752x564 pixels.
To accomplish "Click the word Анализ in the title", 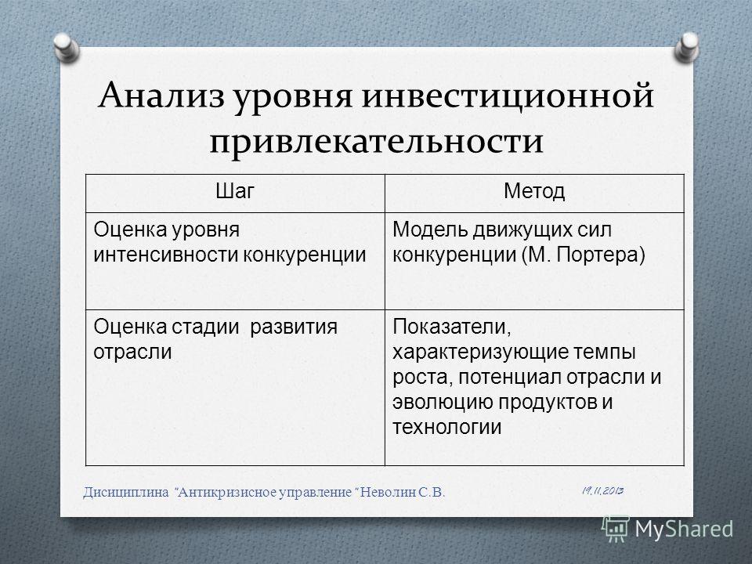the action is (161, 96).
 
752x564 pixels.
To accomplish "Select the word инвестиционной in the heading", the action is (508, 96).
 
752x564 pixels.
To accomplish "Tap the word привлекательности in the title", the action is (377, 142).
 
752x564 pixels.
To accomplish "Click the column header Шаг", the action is (234, 191).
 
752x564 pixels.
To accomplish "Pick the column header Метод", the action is (534, 191).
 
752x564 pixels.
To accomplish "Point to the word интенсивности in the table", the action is (166, 255).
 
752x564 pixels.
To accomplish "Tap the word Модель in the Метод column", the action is (430, 230).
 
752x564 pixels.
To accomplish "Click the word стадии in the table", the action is (204, 327).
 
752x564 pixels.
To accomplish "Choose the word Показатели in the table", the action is (452, 327).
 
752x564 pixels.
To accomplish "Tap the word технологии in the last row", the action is (447, 427).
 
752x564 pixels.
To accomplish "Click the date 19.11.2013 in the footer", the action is (603, 490).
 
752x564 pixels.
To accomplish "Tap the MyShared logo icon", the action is (616, 529).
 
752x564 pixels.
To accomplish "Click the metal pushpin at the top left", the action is (66, 47).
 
